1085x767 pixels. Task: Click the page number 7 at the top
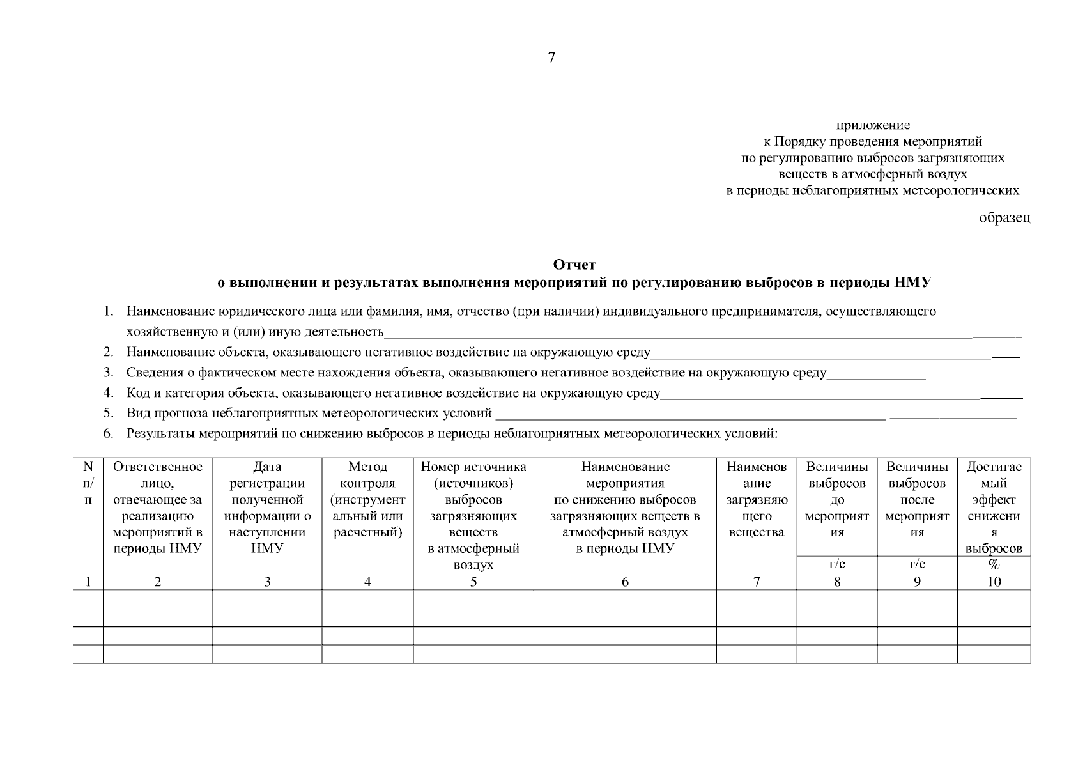pos(551,58)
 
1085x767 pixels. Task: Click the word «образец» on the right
pos(1004,218)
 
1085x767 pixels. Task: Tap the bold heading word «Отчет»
pos(574,265)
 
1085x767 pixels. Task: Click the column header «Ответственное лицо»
pos(157,507)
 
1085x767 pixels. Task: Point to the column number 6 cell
pos(625,582)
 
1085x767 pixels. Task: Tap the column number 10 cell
pos(994,582)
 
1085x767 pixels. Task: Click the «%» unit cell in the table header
pos(994,564)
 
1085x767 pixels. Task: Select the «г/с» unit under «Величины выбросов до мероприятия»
pos(836,564)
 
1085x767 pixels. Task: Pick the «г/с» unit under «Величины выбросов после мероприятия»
pos(916,564)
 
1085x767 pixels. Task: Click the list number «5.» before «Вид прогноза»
pos(109,414)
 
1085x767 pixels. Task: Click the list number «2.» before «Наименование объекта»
pos(109,352)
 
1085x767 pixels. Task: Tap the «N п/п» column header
pos(88,483)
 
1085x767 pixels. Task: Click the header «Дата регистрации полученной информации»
pos(267,507)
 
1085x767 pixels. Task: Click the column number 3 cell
pos(267,582)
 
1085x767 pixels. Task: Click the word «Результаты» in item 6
pos(160,434)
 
